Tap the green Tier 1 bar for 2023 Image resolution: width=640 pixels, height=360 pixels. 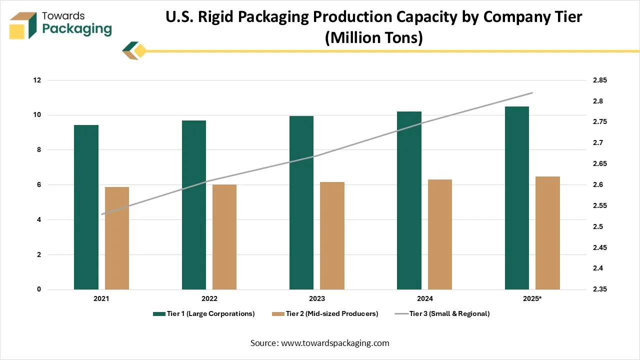point(301,202)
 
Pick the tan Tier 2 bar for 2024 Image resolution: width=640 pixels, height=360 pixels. point(440,234)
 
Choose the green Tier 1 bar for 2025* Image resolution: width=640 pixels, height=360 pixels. point(517,198)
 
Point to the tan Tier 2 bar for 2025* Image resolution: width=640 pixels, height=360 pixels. point(547,233)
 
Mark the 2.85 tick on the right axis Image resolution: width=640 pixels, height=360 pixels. point(599,80)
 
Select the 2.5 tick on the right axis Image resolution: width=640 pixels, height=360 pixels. point(598,226)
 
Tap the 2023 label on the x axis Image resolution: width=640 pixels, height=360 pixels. point(316,298)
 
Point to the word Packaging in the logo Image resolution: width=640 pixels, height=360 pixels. point(77,29)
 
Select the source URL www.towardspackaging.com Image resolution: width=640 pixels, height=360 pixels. point(335,343)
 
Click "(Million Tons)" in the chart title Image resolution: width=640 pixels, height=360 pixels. point(373,38)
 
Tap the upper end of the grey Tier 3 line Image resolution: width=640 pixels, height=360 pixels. point(532,93)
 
